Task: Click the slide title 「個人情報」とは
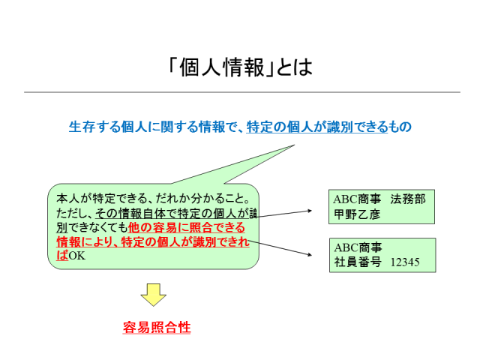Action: tap(240, 67)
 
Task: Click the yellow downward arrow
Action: tap(153, 295)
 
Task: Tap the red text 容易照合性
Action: tap(157, 327)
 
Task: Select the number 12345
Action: tap(405, 262)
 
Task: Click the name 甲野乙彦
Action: tap(357, 214)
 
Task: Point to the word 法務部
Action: tap(408, 199)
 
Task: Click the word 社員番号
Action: tap(358, 262)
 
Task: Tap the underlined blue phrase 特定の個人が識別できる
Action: tap(317, 127)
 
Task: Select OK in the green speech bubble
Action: tap(76, 256)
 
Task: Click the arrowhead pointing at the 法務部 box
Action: tap(310, 211)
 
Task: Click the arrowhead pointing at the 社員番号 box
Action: tap(310, 254)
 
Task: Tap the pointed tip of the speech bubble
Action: tap(294, 145)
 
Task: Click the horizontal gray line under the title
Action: tap(242, 91)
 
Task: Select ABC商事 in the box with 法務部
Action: tap(357, 199)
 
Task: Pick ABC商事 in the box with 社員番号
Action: tap(358, 247)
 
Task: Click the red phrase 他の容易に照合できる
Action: tap(187, 227)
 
